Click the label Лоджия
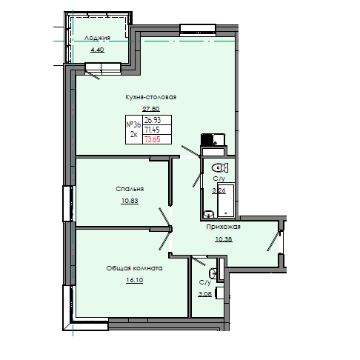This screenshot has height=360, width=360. coord(98,38)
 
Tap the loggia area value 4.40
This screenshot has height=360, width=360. coord(98,50)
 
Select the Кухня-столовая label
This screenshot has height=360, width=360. coord(150,97)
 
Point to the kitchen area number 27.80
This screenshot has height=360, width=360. coord(150,109)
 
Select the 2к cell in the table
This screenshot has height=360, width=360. coord(134,135)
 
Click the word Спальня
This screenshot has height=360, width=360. coord(129,189)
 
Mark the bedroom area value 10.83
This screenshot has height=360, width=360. coord(129,201)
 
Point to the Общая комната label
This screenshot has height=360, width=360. coord(133,268)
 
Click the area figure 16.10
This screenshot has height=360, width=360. coord(133,280)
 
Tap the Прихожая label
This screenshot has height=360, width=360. coord(224,228)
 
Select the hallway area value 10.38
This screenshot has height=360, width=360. coord(224,239)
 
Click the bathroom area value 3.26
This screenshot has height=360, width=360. coord(219,190)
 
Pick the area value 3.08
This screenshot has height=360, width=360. coord(205,294)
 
